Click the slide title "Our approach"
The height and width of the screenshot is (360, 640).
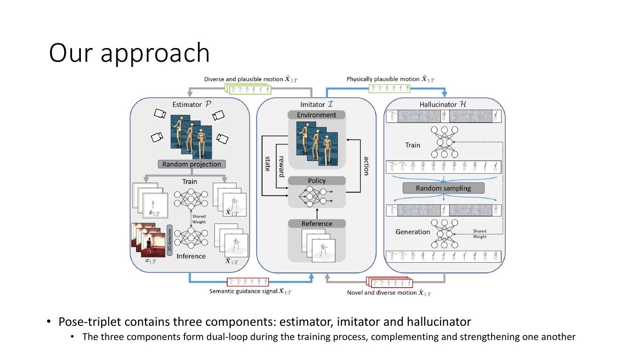coord(129,53)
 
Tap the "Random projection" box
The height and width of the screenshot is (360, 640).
coord(192,164)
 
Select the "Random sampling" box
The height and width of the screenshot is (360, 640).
coord(443,188)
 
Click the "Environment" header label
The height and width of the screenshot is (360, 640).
coord(316,115)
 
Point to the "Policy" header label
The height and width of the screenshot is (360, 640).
coord(316,181)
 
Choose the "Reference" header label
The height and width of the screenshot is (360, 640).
coord(316,224)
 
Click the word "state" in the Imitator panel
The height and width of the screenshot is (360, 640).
coord(268,164)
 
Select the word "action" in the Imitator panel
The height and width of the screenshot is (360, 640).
coord(366,166)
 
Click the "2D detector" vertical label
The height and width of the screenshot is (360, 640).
coord(169,240)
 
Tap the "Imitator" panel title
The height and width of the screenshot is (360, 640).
coord(316,104)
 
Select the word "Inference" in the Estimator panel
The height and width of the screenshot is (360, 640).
coord(191,256)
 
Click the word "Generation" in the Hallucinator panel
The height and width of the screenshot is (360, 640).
coord(412,232)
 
